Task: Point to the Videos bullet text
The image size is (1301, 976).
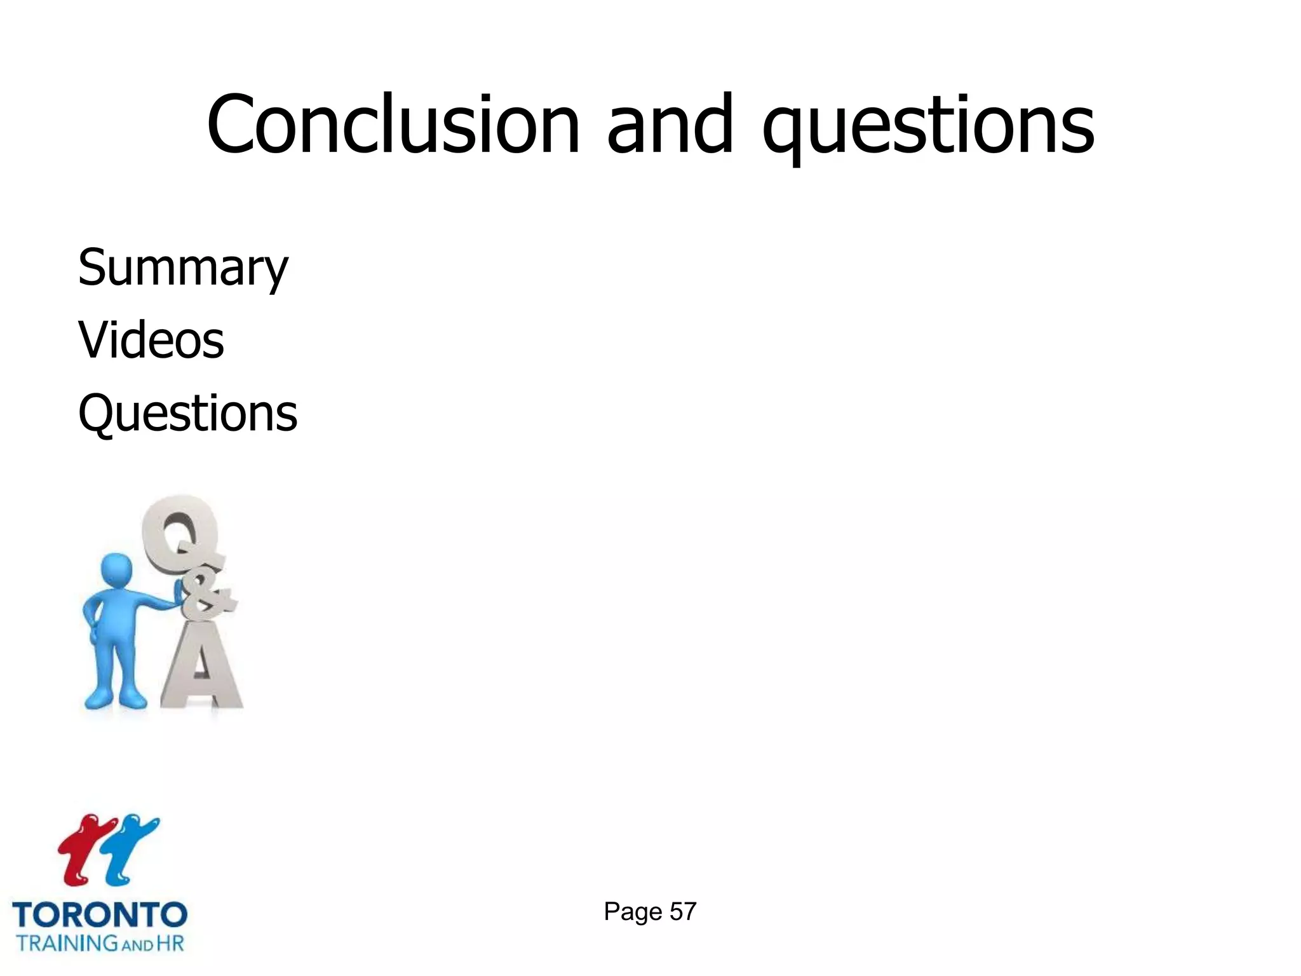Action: coord(151,340)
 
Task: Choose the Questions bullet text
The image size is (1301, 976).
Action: coord(187,413)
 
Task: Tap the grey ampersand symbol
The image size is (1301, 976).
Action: coord(206,597)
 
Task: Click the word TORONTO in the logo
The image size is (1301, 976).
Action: coord(100,916)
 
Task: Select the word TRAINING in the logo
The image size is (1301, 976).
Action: coord(67,942)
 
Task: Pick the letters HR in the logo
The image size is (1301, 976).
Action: coord(170,942)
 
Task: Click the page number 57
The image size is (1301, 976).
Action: coord(683,912)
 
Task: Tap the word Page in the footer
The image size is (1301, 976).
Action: coord(633,912)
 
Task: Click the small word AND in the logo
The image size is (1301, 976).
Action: coord(137,945)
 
